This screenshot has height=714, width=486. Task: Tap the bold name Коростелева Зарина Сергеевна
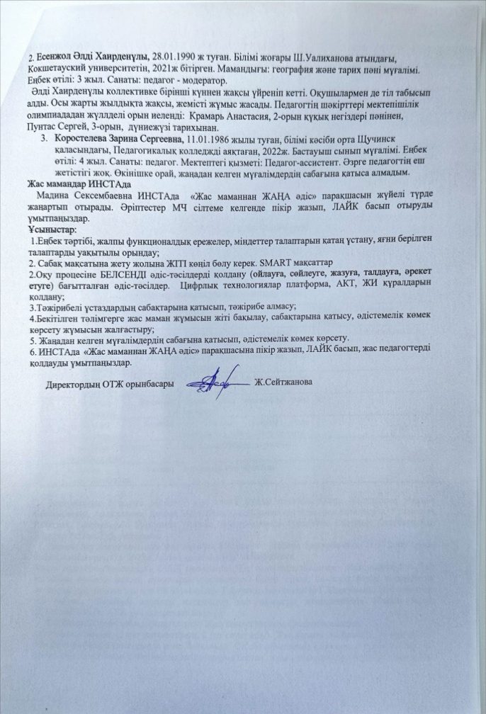click(119, 140)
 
